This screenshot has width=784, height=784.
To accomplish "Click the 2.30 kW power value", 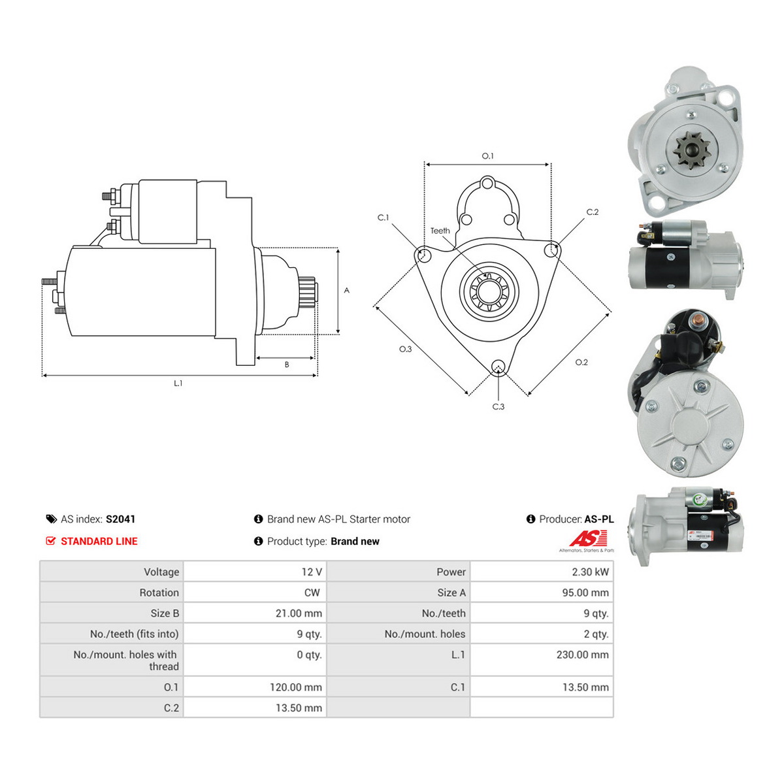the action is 589,572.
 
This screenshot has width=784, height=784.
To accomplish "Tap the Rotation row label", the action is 159,593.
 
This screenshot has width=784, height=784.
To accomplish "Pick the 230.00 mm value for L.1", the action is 582,655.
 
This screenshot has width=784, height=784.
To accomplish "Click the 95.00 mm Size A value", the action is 585,593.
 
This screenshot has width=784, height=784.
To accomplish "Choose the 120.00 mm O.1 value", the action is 296,687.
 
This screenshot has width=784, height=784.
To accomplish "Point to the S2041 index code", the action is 120,519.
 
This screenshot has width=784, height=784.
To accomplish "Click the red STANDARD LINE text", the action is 99,541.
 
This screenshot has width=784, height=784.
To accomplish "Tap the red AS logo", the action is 588,538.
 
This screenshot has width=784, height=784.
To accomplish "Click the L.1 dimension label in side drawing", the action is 178,384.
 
